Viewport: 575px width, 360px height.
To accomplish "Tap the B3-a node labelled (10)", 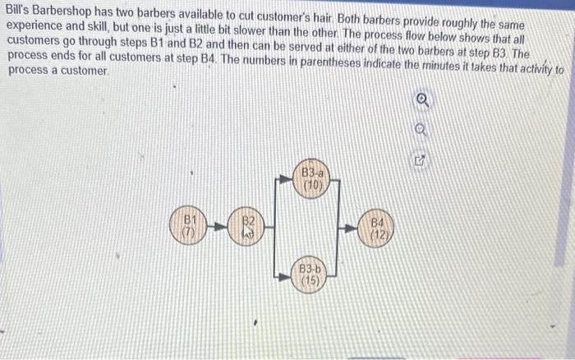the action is [x=313, y=179].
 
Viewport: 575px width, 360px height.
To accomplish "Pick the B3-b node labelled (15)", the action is [x=310, y=275].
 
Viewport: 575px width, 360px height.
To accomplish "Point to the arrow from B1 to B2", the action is [x=217, y=226].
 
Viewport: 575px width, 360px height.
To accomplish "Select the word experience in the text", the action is [x=37, y=24].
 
